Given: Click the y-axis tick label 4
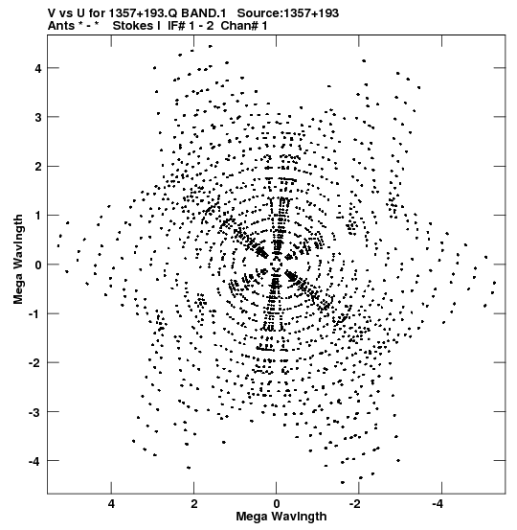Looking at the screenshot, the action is [x=38, y=68].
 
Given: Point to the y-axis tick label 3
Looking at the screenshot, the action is [x=38, y=117].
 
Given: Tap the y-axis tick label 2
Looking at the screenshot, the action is [x=38, y=167].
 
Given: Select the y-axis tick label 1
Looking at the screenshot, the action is [x=38, y=216].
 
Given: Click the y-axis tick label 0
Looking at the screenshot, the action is [x=38, y=265].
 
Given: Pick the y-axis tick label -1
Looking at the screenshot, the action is [x=35, y=313].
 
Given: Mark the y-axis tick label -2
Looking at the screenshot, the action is [x=35, y=362].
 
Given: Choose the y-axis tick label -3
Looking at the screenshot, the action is [x=35, y=412].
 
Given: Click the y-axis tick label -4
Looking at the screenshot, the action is [x=35, y=461].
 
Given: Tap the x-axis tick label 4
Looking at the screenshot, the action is [x=111, y=504].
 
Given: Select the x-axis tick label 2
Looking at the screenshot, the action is [x=193, y=504].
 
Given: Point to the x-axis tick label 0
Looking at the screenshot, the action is [x=277, y=504].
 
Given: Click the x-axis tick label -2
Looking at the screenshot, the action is [x=356, y=504].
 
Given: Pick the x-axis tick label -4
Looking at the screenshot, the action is [x=439, y=504].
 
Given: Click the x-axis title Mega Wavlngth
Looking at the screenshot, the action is [x=281, y=517].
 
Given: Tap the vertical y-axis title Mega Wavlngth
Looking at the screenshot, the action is [x=18, y=260].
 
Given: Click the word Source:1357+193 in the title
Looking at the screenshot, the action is [x=288, y=12].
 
